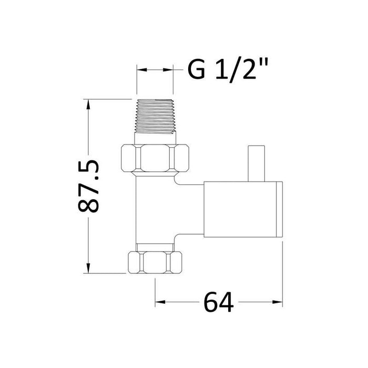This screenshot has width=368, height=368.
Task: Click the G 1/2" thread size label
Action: tap(229, 70)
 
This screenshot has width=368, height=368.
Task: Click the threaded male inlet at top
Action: tap(155, 116)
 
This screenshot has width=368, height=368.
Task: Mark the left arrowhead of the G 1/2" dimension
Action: tap(140, 70)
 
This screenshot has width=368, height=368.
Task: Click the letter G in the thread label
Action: tap(196, 70)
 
